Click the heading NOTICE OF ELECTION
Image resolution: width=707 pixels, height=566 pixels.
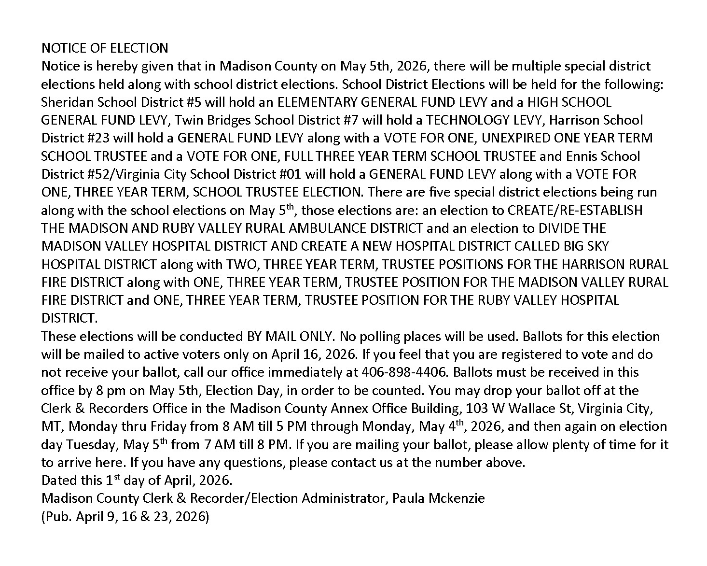(x=105, y=48)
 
